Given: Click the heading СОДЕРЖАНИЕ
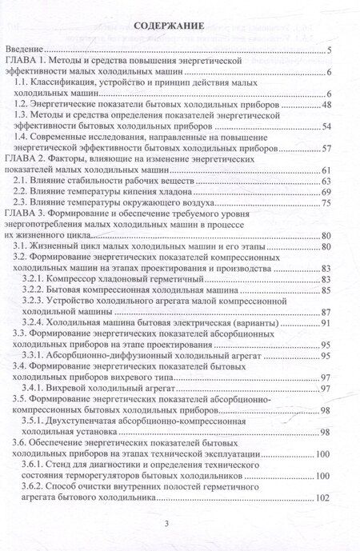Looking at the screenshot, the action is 178,26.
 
